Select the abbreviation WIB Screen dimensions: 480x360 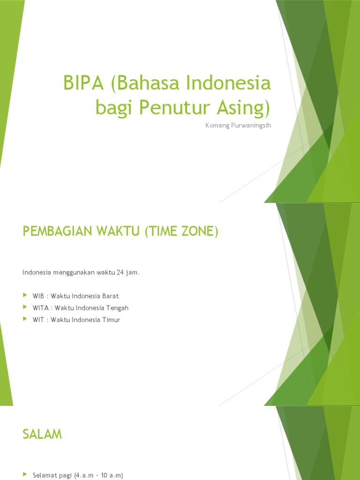[38, 296]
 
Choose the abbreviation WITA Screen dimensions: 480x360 [40, 308]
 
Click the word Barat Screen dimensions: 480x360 [110, 296]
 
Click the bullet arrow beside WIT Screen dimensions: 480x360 [25, 320]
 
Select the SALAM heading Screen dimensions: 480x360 [42, 435]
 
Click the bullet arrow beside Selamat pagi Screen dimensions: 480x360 [25, 475]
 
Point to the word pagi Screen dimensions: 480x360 [64, 475]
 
